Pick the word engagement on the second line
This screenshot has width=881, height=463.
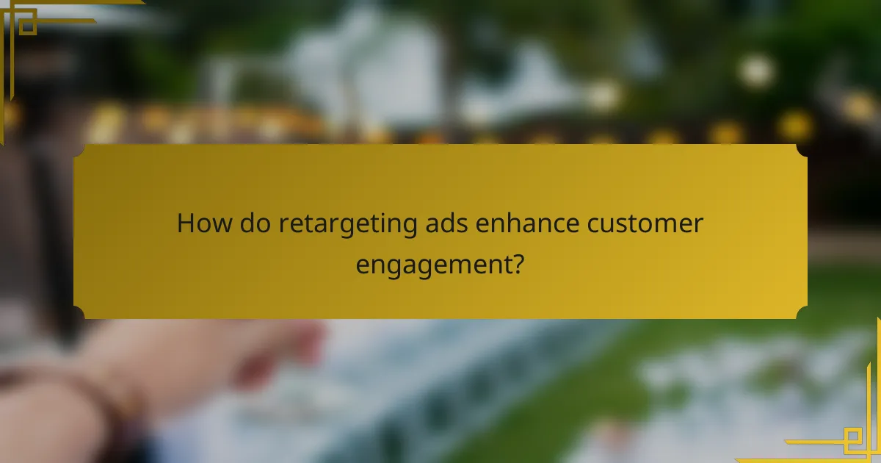click(x=433, y=265)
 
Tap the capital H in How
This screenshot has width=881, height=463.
click(x=185, y=223)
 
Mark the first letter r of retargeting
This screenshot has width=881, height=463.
click(x=282, y=225)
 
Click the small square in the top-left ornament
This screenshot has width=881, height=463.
click(x=27, y=24)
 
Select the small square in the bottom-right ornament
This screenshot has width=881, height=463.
click(x=854, y=439)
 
